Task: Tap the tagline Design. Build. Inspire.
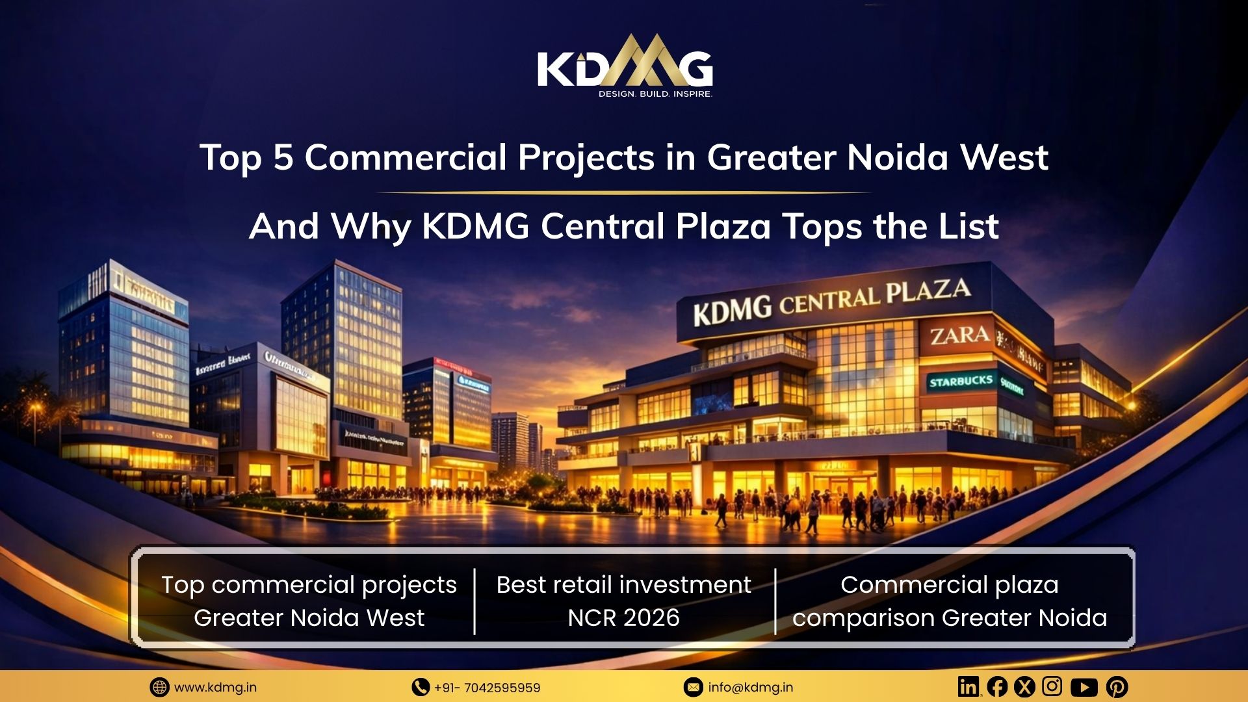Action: (655, 94)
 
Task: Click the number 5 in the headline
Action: (283, 158)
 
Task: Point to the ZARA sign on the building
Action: (959, 336)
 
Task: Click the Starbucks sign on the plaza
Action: (961, 382)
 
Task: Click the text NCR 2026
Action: (623, 617)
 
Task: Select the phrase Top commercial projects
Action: (309, 585)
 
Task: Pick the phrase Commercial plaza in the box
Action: (949, 585)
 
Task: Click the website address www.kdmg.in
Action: (215, 687)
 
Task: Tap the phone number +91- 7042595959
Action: (487, 688)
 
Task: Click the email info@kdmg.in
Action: (750, 687)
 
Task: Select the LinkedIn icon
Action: (968, 686)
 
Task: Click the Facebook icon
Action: (997, 686)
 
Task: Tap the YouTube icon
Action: (1084, 687)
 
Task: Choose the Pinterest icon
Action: (1117, 687)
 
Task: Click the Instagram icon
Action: (1052, 686)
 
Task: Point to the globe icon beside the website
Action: (159, 687)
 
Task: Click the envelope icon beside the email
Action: (693, 687)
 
